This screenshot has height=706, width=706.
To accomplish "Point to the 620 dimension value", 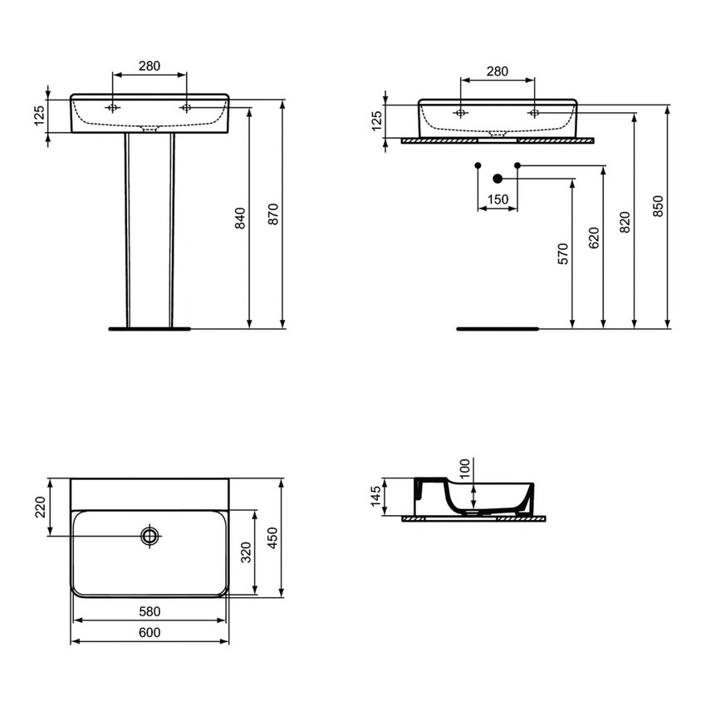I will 593,238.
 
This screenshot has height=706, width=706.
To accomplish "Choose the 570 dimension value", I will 562,253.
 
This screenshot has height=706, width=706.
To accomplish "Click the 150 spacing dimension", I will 498,199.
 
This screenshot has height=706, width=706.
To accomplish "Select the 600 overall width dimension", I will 149,632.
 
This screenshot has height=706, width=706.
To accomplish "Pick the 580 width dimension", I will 149,611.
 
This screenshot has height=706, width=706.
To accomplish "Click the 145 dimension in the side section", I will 375,498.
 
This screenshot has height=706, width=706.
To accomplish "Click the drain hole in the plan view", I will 150,536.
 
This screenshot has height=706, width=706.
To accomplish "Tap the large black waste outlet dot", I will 498,177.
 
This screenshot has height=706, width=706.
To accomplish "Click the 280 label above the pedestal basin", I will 149,66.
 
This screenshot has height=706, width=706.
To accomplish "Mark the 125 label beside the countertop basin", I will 375,121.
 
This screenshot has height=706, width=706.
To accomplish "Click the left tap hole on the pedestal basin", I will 113,109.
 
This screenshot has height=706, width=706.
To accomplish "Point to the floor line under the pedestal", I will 149,328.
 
